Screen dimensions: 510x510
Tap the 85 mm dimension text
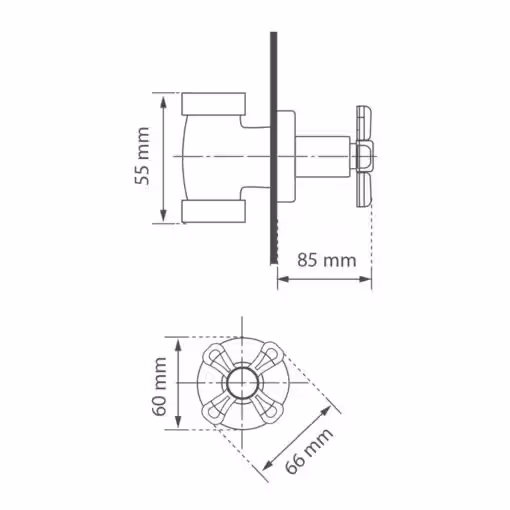[x=327, y=260]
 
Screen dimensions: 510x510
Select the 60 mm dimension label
[x=159, y=386]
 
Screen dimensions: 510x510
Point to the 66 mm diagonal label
[x=309, y=451]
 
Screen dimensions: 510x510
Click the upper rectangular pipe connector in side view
[x=214, y=104]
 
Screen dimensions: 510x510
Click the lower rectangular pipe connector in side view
[x=214, y=211]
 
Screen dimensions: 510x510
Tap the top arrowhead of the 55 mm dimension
[x=163, y=100]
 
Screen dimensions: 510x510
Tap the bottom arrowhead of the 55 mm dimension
[x=163, y=216]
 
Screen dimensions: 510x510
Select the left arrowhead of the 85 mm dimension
[x=284, y=279]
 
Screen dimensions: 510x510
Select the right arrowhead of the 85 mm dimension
[x=365, y=279]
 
